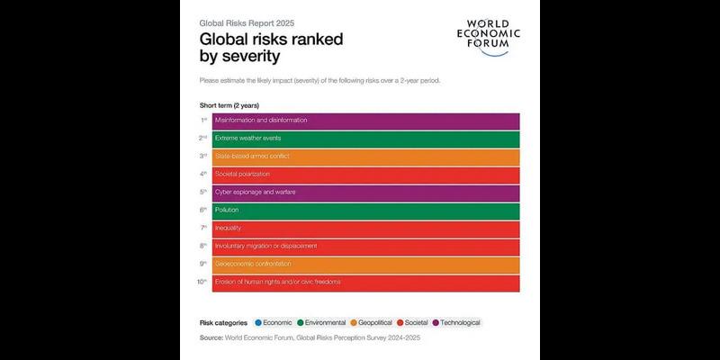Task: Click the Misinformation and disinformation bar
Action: (365, 121)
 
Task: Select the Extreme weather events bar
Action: (365, 139)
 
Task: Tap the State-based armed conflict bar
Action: (365, 157)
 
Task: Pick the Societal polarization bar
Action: (365, 175)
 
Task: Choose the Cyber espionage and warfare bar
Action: (365, 193)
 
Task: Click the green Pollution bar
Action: (365, 211)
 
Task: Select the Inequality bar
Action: (365, 229)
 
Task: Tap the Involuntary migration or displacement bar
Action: (365, 247)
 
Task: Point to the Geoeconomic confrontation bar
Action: (365, 265)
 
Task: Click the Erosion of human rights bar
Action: (365, 283)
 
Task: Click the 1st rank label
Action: (204, 120)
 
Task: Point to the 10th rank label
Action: (203, 282)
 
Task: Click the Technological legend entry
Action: (456, 322)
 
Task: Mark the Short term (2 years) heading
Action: (229, 105)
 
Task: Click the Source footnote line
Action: (310, 338)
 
